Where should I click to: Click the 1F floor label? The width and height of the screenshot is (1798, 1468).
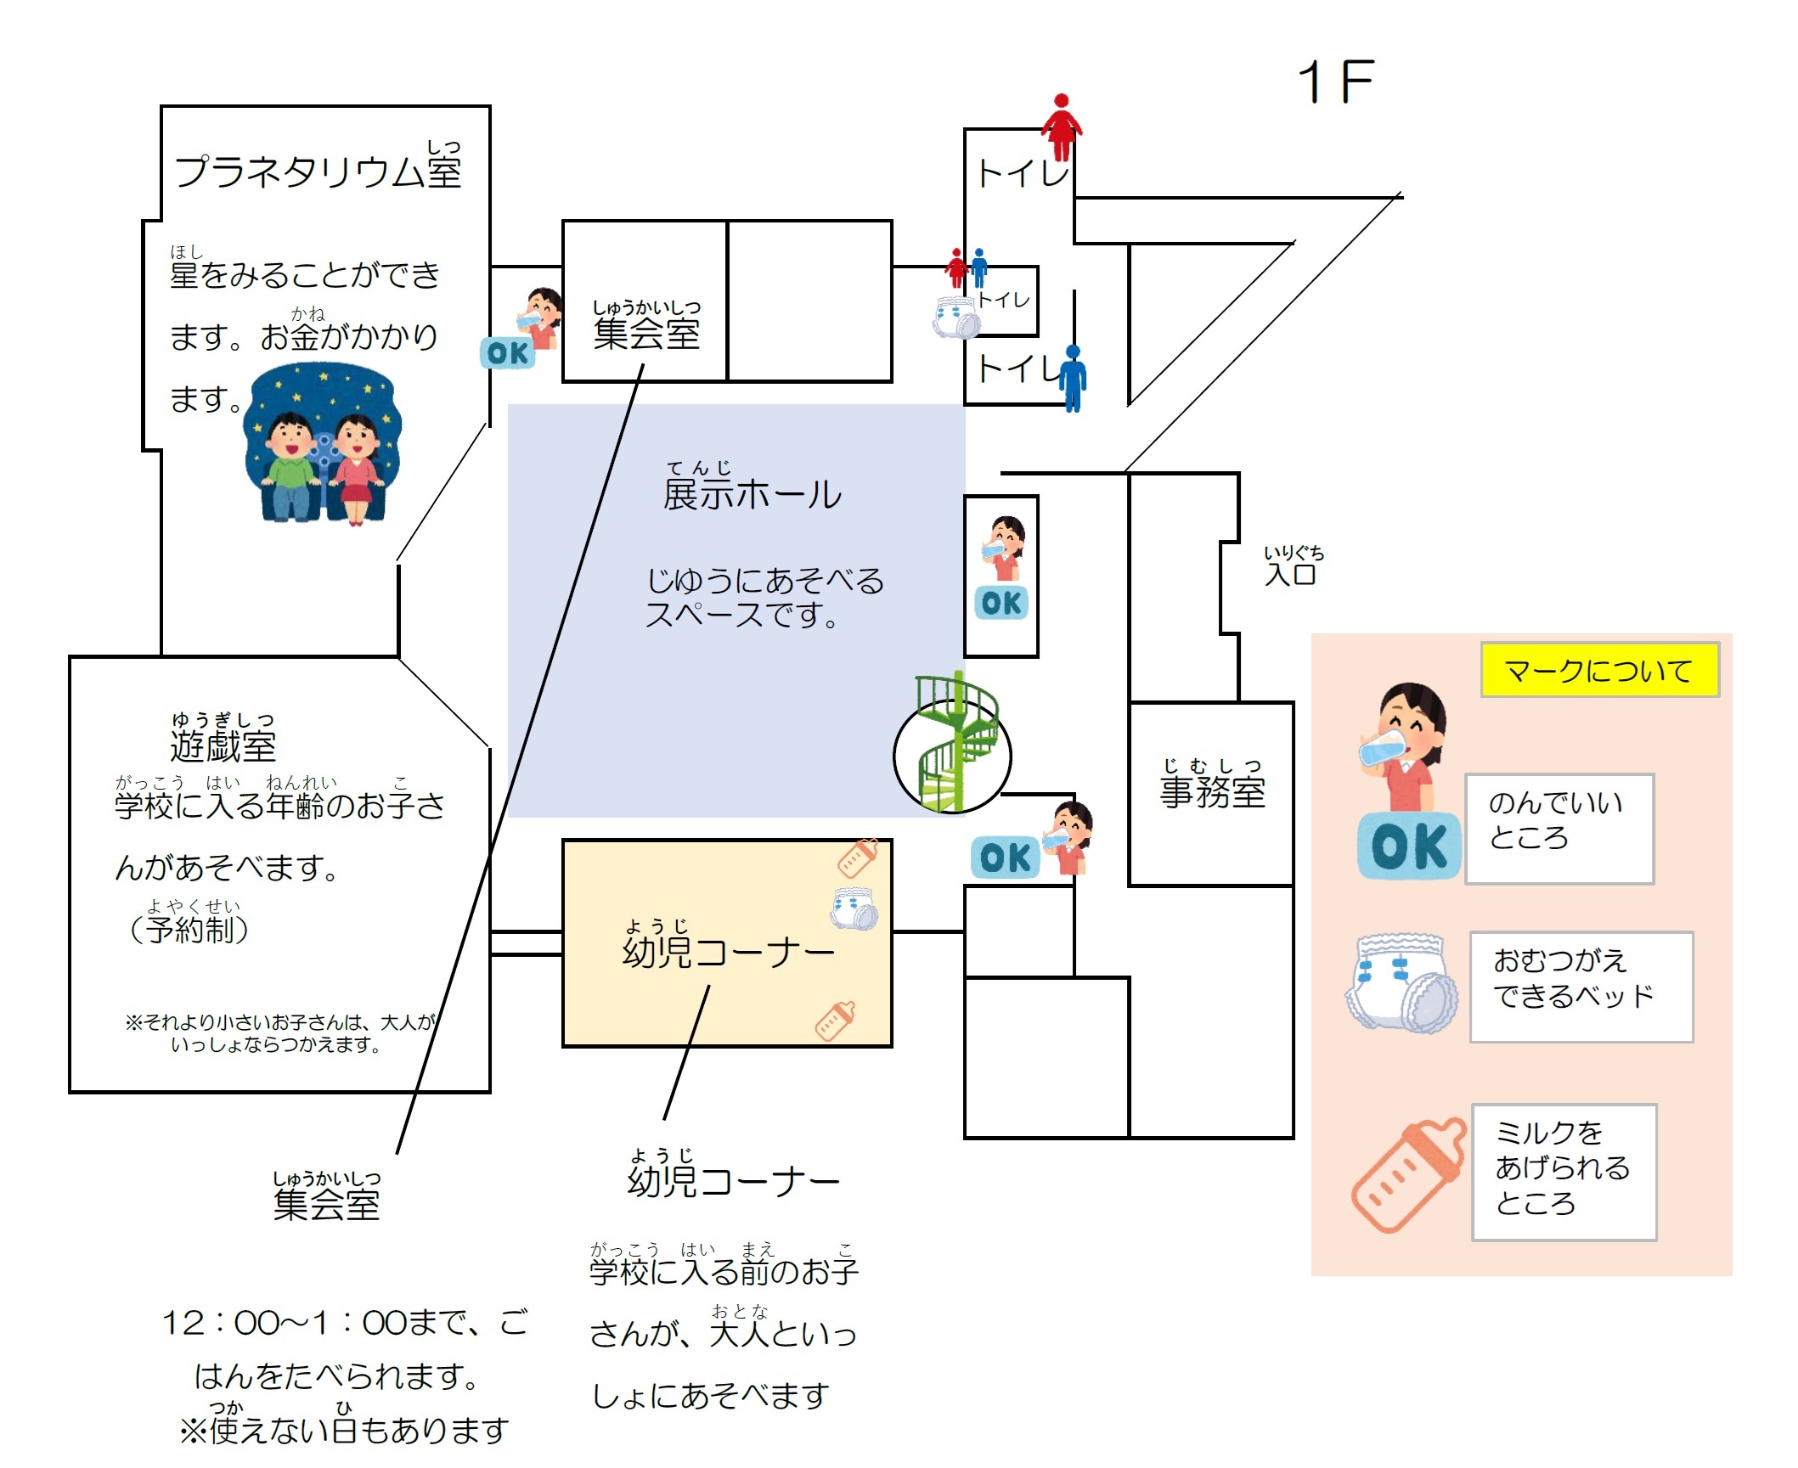pyautogui.click(x=1335, y=82)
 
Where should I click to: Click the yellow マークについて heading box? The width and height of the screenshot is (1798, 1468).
pyautogui.click(x=1599, y=670)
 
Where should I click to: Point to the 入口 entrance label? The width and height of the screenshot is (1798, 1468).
pyautogui.click(x=1293, y=566)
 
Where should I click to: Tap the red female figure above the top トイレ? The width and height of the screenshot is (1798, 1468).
pyautogui.click(x=1062, y=127)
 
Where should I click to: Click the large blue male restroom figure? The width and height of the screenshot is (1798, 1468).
pyautogui.click(x=1073, y=378)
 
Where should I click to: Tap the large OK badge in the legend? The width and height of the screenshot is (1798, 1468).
pyautogui.click(x=1409, y=846)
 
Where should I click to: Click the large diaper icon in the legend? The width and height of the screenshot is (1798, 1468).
pyautogui.click(x=1401, y=983)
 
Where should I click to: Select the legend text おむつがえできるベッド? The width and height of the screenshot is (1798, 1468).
pyautogui.click(x=1573, y=978)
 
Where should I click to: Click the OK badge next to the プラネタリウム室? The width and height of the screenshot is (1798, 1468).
pyautogui.click(x=508, y=352)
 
